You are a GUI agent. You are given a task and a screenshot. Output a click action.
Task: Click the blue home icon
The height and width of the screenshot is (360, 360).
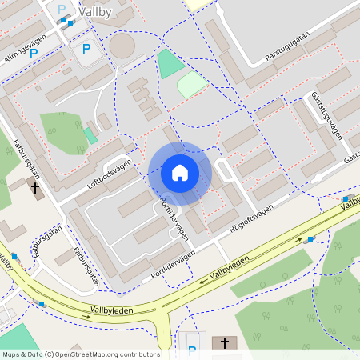pyautogui.click(x=179, y=173)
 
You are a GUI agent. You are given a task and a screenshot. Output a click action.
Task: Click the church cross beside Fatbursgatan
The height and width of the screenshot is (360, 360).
pyautogui.click(x=34, y=189)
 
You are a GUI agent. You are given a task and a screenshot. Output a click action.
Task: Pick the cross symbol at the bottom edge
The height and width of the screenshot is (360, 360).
pyautogui.click(x=224, y=343)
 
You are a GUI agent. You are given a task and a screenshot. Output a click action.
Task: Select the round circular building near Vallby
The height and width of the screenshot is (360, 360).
pyautogui.click(x=122, y=46)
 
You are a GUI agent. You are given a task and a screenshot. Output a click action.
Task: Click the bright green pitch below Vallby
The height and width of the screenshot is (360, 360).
pyautogui.click(x=169, y=63)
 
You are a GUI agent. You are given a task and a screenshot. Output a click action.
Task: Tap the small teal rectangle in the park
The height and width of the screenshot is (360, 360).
pyautogui.click(x=90, y=134)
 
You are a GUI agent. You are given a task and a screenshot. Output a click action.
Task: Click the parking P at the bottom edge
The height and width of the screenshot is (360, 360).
pyautogui.click(x=191, y=350)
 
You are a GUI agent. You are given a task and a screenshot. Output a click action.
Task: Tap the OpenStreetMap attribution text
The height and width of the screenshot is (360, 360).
pyautogui.click(x=80, y=354)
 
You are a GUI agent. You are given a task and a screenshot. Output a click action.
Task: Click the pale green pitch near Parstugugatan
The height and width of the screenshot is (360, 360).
pyautogui.click(x=191, y=84)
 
